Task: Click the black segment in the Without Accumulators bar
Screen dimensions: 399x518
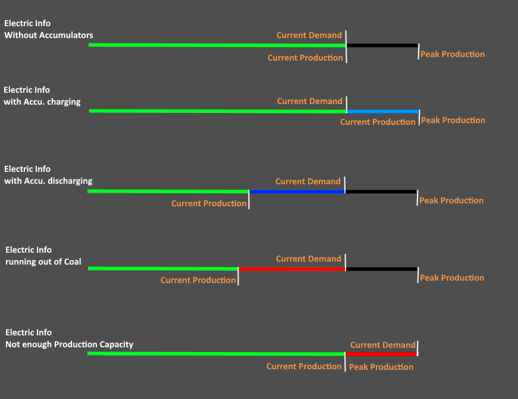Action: tap(382, 45)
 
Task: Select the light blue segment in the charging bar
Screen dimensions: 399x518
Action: tap(383, 111)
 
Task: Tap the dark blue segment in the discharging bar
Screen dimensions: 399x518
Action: tap(297, 191)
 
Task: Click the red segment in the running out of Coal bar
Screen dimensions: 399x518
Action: tap(291, 269)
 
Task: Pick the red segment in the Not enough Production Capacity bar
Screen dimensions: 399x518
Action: tap(381, 354)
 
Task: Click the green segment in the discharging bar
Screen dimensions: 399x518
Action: tap(168, 191)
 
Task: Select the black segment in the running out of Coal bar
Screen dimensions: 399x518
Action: tap(381, 269)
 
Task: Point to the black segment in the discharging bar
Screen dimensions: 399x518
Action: tap(381, 191)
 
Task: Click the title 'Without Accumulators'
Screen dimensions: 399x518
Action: tap(49, 35)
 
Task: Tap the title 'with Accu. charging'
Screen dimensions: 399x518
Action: tap(42, 102)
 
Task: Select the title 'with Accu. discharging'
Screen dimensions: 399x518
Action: tap(48, 181)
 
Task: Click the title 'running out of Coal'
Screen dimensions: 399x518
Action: tap(43, 262)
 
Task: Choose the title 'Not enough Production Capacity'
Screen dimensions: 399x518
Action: tap(70, 344)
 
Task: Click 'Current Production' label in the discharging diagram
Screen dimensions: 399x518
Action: tap(209, 203)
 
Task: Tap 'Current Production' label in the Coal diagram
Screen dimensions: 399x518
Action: tap(198, 280)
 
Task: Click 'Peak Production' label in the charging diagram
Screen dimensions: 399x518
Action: tap(453, 120)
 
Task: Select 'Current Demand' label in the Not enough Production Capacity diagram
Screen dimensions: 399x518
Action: tap(382, 345)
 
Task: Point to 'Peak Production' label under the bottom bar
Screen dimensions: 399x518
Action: tap(381, 367)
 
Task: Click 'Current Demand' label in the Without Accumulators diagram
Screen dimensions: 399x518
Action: tap(309, 35)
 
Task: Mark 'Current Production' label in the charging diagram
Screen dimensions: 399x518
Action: tap(378, 122)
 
